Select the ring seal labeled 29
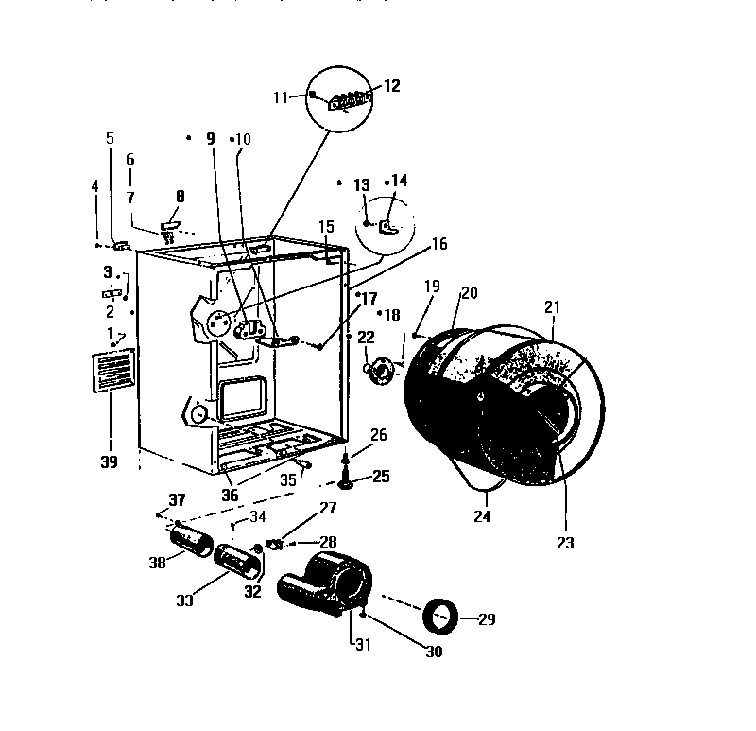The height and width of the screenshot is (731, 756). click(440, 617)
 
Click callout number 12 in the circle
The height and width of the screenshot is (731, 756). click(391, 86)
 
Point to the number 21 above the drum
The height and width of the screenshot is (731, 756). click(552, 307)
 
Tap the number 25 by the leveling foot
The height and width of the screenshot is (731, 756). click(380, 476)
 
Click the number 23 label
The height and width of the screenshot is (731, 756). click(566, 543)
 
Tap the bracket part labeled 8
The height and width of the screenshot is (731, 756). click(170, 228)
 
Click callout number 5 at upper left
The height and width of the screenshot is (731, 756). click(110, 138)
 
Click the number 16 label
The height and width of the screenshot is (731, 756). click(438, 243)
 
